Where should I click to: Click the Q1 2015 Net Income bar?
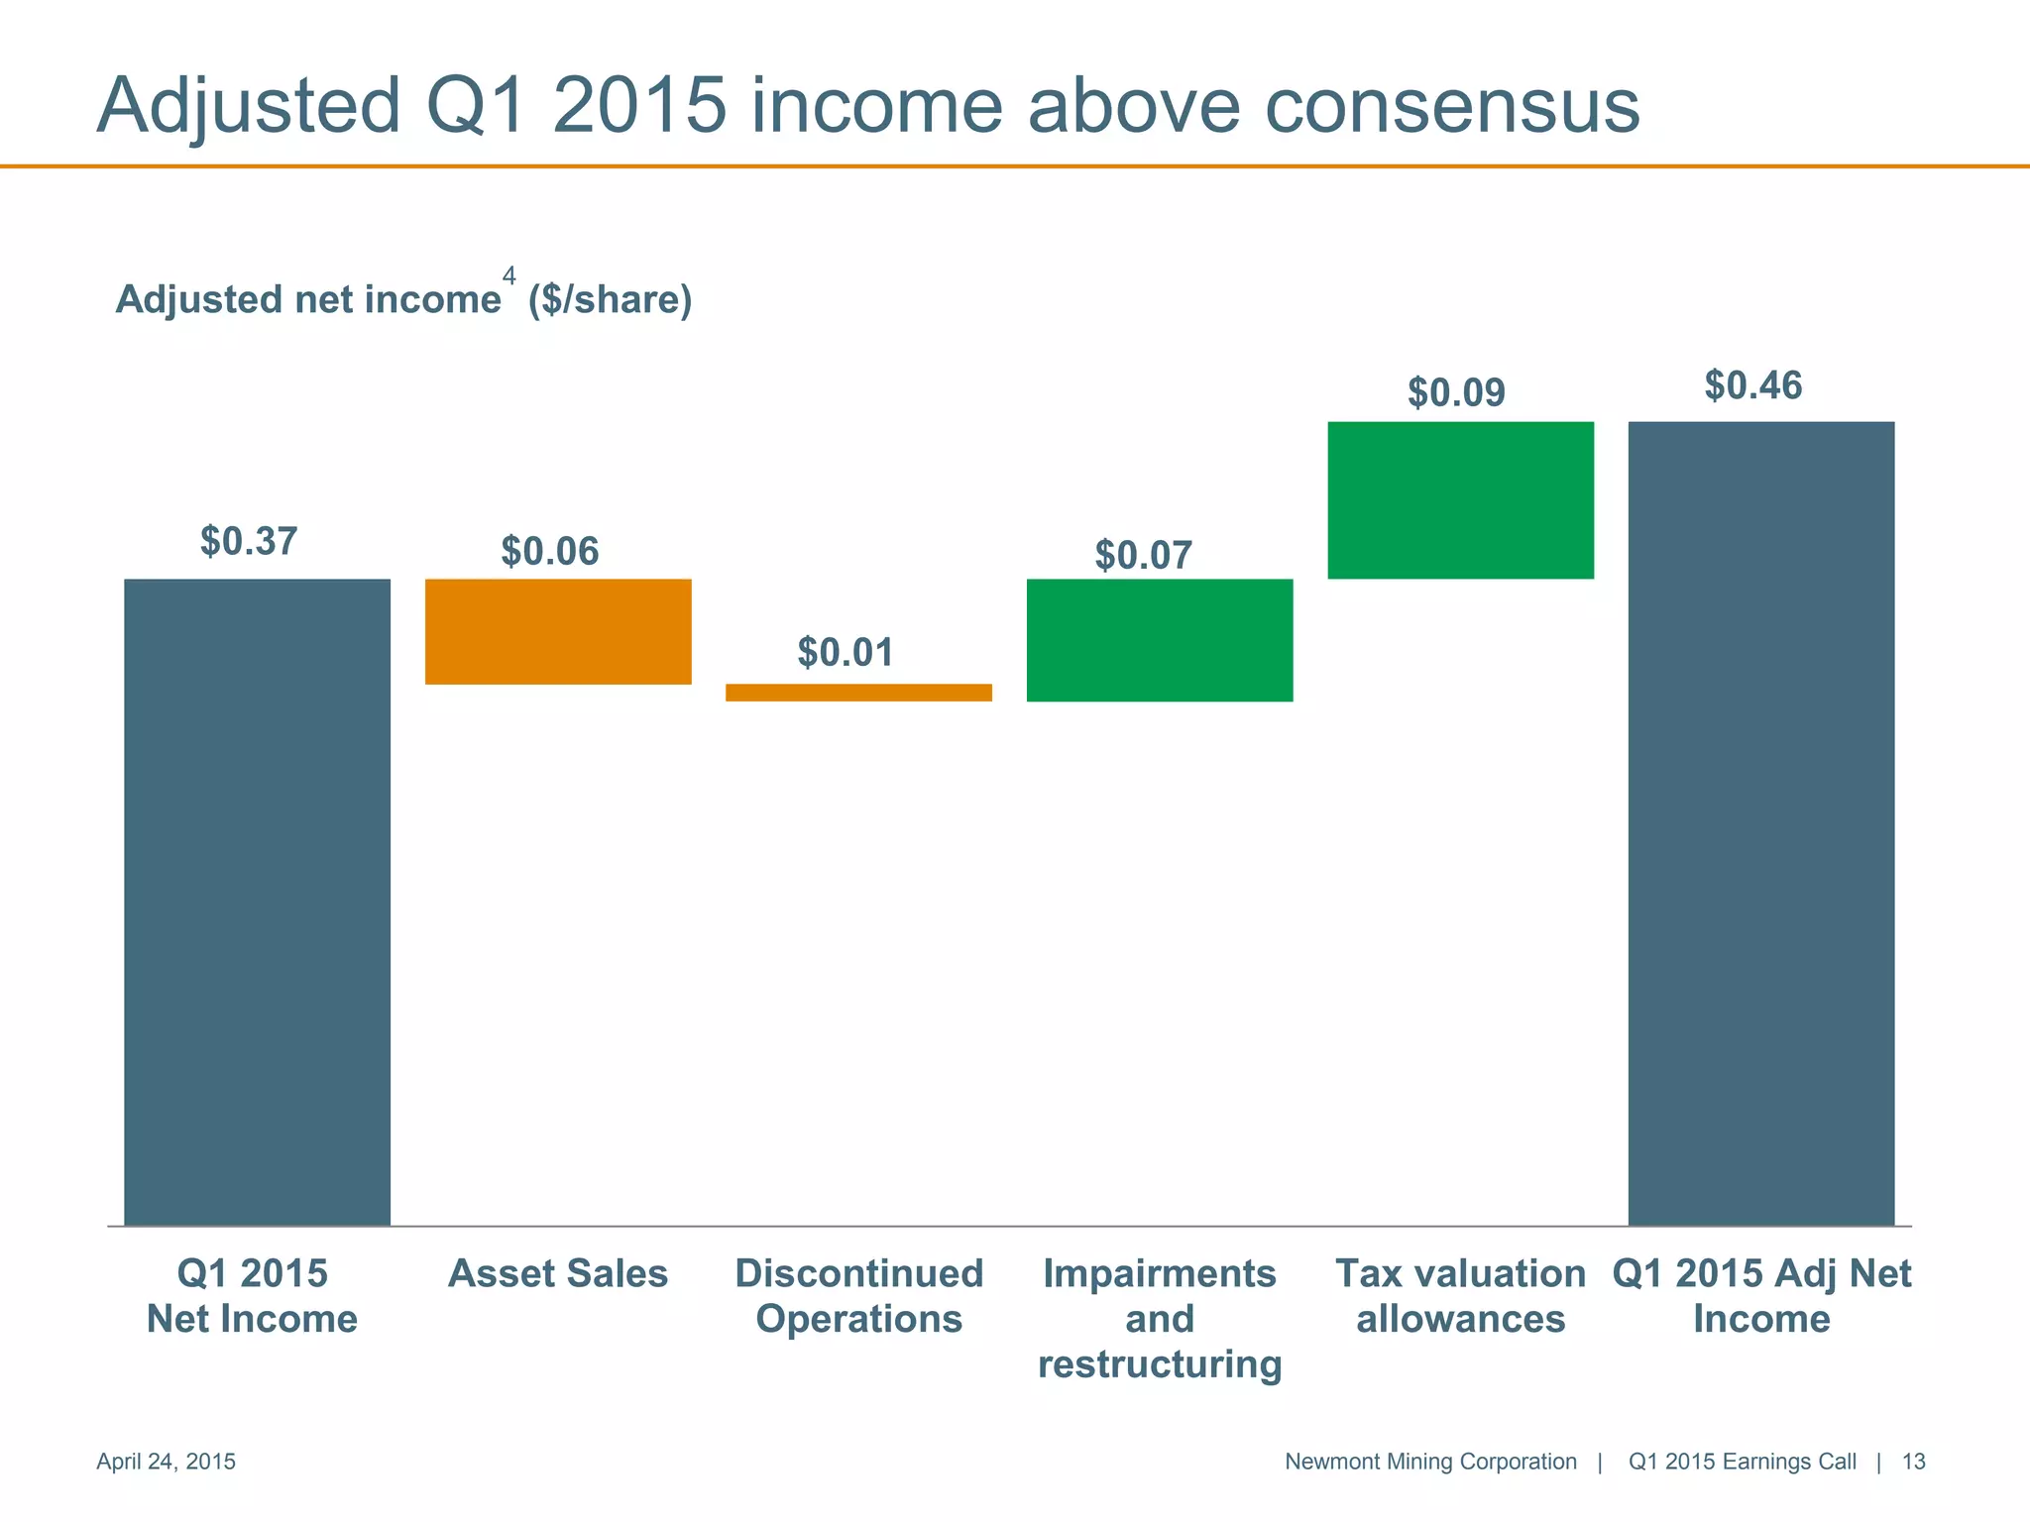[257, 902]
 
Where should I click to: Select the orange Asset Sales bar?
[558, 631]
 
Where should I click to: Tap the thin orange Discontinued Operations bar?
[858, 693]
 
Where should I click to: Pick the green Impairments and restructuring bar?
[1160, 640]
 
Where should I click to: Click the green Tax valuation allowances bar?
[1460, 500]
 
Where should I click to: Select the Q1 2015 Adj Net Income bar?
[1760, 822]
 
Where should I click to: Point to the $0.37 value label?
[249, 542]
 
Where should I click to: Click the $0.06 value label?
[550, 552]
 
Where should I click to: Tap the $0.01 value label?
[846, 653]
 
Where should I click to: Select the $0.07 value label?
[1143, 556]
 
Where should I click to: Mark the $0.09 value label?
[1456, 393]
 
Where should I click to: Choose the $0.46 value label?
[1752, 385]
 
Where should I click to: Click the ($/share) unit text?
[610, 299]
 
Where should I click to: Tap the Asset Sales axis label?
[558, 1274]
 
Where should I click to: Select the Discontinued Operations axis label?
[858, 1296]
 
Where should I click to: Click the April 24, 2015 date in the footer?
[166, 1462]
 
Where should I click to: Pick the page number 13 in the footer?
[1913, 1462]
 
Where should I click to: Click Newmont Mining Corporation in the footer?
[1429, 1462]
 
